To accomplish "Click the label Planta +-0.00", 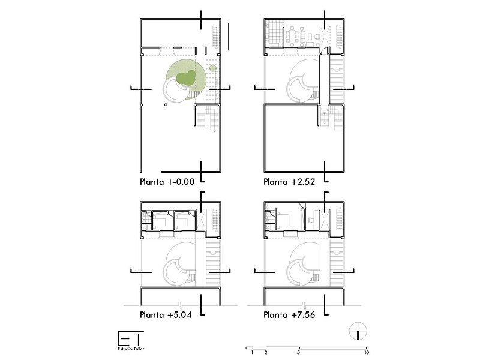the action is [167, 182].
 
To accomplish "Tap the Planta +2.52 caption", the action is [289, 182].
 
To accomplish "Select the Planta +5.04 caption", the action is [166, 314].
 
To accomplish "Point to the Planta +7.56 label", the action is [289, 314].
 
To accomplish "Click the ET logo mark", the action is [131, 339].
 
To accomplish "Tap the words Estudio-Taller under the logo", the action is [131, 349].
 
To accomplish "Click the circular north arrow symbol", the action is [358, 331].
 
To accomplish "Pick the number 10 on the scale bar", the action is [367, 353].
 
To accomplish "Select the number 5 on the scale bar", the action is [298, 353].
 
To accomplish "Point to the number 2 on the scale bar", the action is [266, 353].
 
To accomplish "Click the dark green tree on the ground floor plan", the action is [186, 78].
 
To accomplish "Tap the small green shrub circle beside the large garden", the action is [213, 68].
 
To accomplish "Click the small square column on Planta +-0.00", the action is [166, 105].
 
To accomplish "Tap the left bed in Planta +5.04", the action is [159, 220].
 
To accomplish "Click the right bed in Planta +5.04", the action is [182, 220].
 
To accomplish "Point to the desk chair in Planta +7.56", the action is [310, 220].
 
